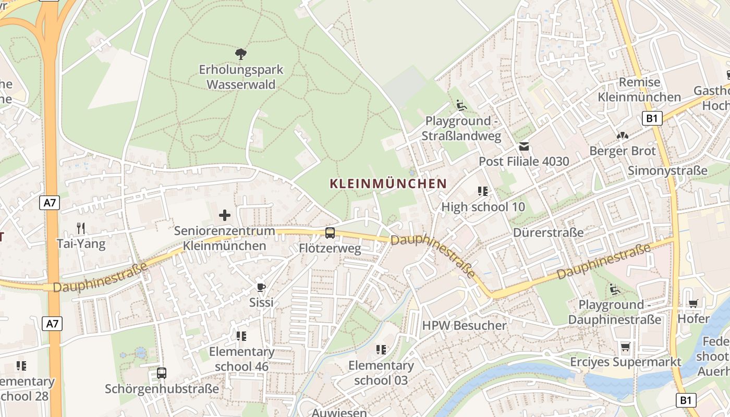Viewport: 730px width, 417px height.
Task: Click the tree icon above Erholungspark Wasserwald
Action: click(x=240, y=54)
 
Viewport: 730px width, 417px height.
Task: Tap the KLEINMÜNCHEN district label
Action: click(x=388, y=183)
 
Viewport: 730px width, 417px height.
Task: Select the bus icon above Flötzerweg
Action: click(x=330, y=233)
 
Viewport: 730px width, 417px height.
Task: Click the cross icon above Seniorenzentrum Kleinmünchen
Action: click(x=225, y=215)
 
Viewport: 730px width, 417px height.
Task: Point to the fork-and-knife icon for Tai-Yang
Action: click(x=81, y=228)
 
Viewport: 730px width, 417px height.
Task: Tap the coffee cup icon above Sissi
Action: click(x=261, y=287)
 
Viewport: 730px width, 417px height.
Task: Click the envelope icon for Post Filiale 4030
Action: click(x=524, y=146)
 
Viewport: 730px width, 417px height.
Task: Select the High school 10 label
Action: click(x=483, y=207)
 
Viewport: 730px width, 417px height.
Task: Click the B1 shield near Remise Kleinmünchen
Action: click(x=652, y=118)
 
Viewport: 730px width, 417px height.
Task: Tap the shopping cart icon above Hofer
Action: click(x=693, y=303)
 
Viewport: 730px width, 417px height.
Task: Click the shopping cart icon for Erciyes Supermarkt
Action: click(x=625, y=347)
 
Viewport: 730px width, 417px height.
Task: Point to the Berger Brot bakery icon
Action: click(x=622, y=136)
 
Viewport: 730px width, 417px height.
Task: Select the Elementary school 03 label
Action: click(x=381, y=373)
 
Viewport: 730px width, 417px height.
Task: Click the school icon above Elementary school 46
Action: click(x=241, y=336)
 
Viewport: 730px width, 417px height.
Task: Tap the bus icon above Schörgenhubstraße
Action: click(x=162, y=373)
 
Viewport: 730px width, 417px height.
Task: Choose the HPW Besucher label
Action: click(x=464, y=326)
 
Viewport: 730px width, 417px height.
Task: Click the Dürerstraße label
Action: click(x=548, y=232)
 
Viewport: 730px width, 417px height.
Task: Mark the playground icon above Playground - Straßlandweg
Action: click(x=461, y=106)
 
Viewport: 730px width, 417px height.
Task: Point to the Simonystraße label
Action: click(x=667, y=171)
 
